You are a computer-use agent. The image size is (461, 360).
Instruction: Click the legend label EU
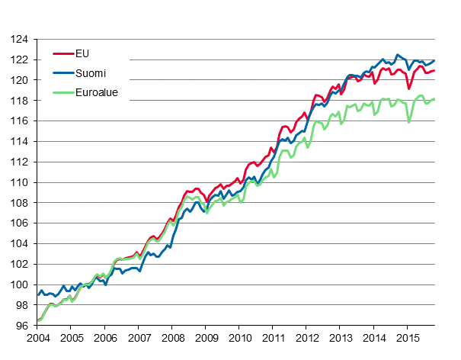click(x=82, y=54)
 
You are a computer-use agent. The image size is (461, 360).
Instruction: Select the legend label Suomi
click(x=90, y=74)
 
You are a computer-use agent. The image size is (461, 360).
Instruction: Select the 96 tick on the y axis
click(x=22, y=326)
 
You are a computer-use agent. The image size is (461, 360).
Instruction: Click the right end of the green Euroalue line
click(x=434, y=98)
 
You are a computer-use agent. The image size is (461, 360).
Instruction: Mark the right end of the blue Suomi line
click(x=434, y=60)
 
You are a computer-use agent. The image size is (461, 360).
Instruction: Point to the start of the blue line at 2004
click(x=37, y=294)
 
